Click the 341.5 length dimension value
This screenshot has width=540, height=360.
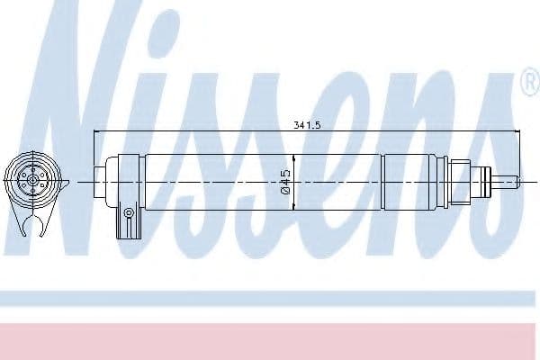coord(308,125)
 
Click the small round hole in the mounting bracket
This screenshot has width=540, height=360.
coord(129,213)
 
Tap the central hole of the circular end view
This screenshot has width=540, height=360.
coord(33,180)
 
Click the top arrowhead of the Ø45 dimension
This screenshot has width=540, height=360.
coord(294,155)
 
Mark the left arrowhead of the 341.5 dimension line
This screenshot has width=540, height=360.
coord(98,134)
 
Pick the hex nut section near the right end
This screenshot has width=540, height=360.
coord(461,181)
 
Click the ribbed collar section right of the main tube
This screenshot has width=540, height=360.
coord(414,182)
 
